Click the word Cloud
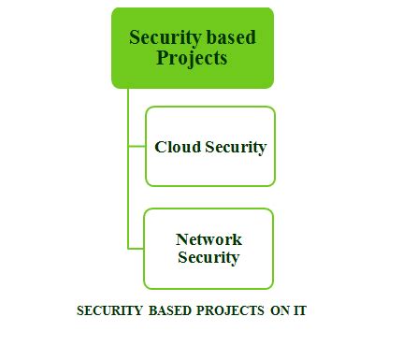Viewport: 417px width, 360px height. (x=175, y=147)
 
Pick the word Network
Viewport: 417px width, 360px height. (x=208, y=239)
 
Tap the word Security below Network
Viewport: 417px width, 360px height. (x=208, y=257)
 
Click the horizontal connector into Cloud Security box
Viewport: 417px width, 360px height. (x=137, y=146)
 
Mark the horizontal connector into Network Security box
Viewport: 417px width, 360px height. (x=136, y=248)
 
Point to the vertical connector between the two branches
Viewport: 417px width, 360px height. (x=128, y=196)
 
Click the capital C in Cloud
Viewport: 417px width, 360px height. (x=160, y=147)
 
